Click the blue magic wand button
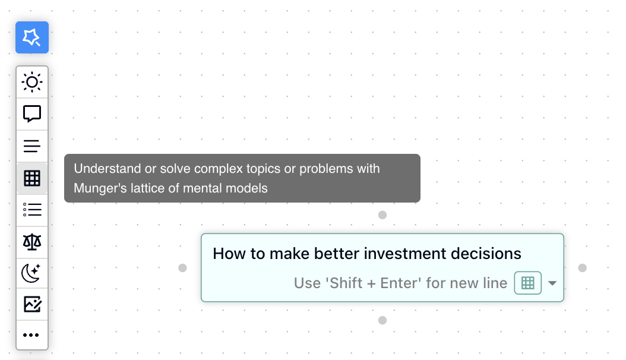32,37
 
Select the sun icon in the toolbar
32,81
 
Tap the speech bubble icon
32,113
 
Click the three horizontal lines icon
32,146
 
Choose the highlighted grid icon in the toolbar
32,178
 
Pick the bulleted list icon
32,210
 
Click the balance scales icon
32,241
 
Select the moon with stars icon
32,273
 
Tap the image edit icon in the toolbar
32,304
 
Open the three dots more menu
32,335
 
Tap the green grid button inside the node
527,283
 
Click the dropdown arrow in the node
552,283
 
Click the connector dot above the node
382,214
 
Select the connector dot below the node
382,320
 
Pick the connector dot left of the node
183,268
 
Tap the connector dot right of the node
582,268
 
